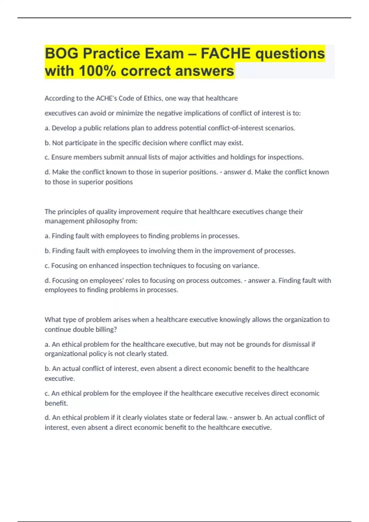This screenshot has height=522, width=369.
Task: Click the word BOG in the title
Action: [61, 54]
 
